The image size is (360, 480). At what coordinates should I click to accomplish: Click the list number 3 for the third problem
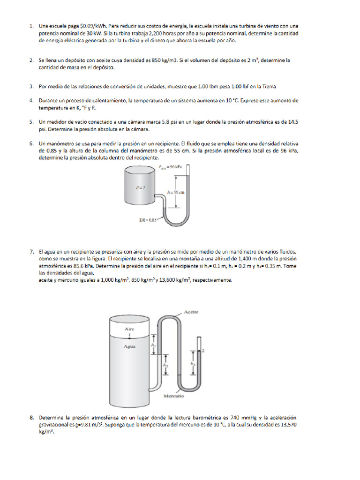pyautogui.click(x=31, y=86)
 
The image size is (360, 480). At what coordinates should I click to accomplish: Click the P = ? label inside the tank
pyautogui.click(x=139, y=187)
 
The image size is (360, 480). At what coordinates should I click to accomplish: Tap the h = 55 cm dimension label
pyautogui.click(x=174, y=192)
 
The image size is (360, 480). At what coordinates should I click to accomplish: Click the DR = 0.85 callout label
pyautogui.click(x=148, y=220)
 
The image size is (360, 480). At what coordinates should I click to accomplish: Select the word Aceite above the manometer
pyautogui.click(x=192, y=312)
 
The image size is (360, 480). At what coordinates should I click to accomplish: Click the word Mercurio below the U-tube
pyautogui.click(x=173, y=396)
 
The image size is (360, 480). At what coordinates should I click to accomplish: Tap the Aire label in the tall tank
pyautogui.click(x=129, y=329)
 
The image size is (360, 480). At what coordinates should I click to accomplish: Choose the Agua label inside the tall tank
pyautogui.click(x=129, y=347)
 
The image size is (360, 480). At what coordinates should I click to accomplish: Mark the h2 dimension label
pyautogui.click(x=165, y=364)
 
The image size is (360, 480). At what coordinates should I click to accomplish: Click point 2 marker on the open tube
pyautogui.click(x=203, y=350)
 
